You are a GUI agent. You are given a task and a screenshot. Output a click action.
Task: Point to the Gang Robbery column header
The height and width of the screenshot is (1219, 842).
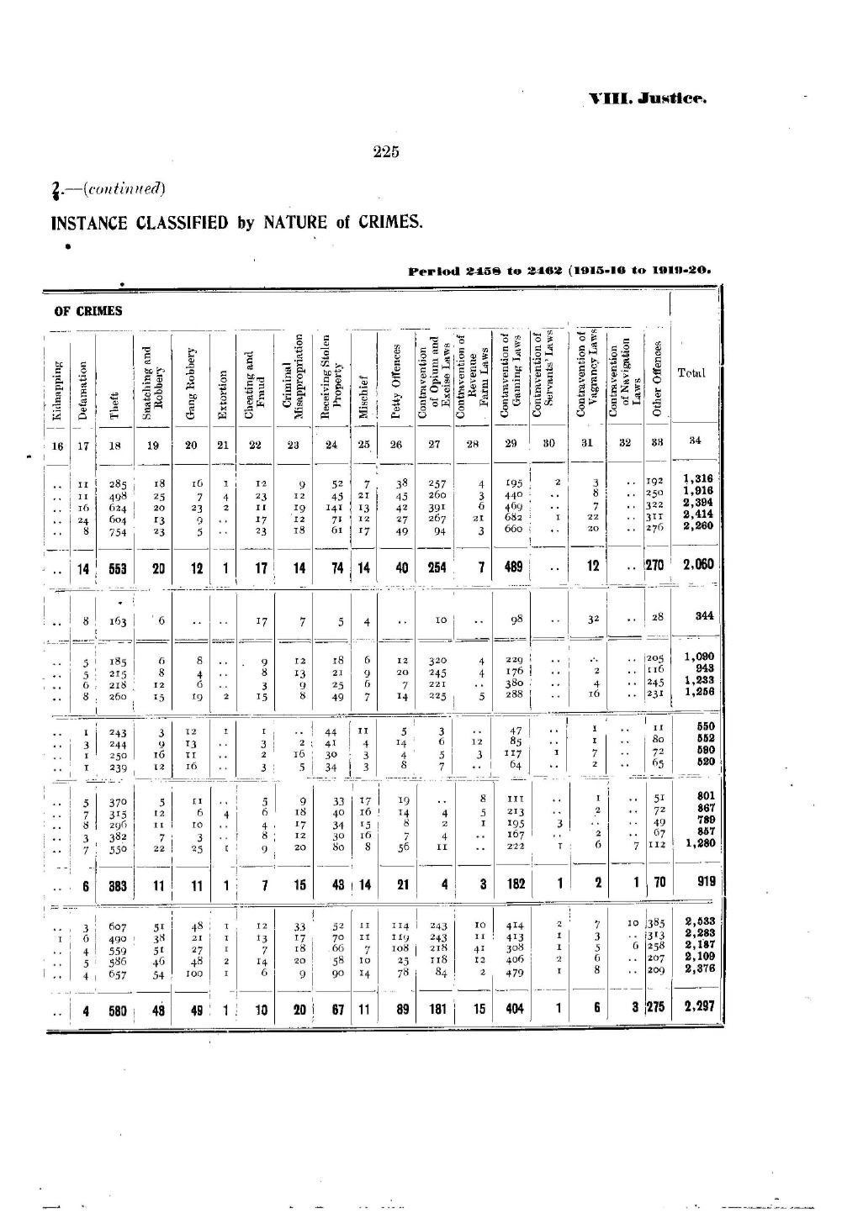[x=191, y=382]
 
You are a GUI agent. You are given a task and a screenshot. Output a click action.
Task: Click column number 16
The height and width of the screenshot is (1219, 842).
[x=57, y=446]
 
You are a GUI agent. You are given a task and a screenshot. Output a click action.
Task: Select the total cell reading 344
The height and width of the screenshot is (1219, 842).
[x=704, y=616]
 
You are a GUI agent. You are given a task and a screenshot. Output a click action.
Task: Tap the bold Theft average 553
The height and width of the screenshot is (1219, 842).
[x=116, y=568]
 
